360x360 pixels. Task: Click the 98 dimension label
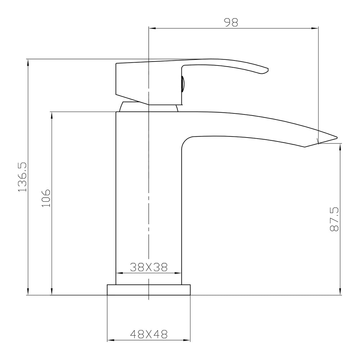pos(231,22)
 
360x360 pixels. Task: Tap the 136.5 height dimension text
pos(22,176)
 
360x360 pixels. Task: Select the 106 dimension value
pos(46,197)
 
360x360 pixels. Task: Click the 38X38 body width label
pos(148,267)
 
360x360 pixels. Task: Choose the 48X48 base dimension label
pos(148,334)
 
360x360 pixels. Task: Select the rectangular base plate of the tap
pos(148,290)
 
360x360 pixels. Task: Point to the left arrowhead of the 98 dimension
pos(152,28)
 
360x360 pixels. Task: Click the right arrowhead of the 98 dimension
pos(316,28)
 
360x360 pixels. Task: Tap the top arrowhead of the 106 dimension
pos(52,115)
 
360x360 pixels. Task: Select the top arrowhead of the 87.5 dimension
pos(340,146)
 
